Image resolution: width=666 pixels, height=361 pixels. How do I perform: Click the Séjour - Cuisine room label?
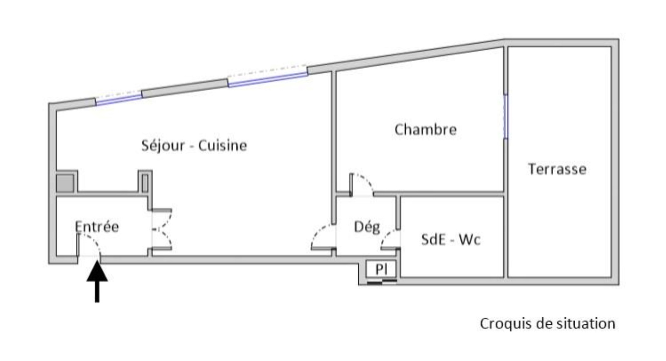(x=194, y=146)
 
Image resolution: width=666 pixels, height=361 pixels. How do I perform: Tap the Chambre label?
(x=425, y=129)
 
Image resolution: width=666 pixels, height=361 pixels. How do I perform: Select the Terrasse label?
(x=557, y=169)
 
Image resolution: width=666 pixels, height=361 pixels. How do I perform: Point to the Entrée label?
(x=97, y=227)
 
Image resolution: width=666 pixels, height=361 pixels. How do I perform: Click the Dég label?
(x=367, y=227)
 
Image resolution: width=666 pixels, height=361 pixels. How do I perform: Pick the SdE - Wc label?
(x=451, y=240)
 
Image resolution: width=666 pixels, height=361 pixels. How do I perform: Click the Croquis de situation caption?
(x=547, y=324)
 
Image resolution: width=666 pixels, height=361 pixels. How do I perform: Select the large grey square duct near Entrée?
(x=65, y=183)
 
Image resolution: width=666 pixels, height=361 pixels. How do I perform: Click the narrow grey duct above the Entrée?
(x=145, y=183)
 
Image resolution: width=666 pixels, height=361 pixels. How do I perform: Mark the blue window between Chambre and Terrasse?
(x=506, y=116)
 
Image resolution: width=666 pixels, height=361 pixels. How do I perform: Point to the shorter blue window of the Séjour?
(x=119, y=99)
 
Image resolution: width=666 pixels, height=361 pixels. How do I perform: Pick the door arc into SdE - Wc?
(x=390, y=239)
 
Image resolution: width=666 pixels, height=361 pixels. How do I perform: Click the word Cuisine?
(x=222, y=146)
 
